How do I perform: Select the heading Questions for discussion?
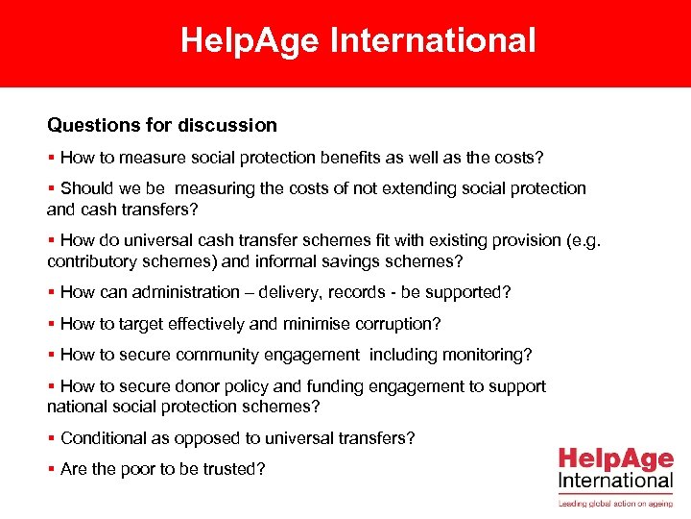click(x=162, y=125)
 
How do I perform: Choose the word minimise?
click(x=308, y=324)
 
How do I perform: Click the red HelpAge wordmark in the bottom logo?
click(x=615, y=458)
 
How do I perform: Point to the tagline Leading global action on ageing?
click(x=615, y=502)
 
